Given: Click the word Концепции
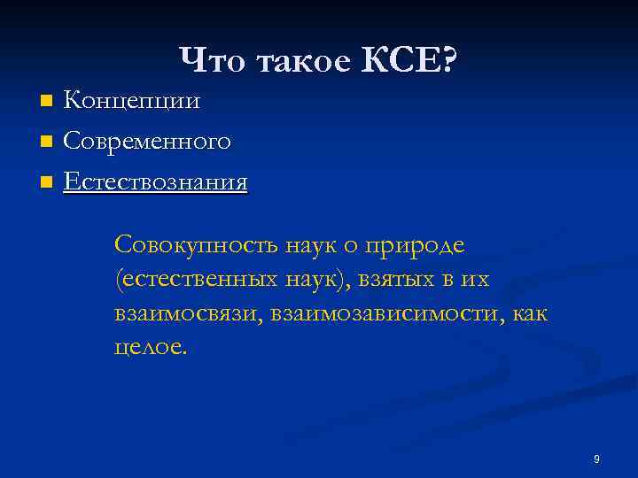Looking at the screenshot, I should (131, 100).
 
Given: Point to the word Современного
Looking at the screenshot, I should (147, 141).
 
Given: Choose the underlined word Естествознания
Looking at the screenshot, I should (155, 182).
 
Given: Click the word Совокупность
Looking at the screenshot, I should (190, 243).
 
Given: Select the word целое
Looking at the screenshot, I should (150, 347).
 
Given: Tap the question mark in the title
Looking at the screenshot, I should (448, 61).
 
